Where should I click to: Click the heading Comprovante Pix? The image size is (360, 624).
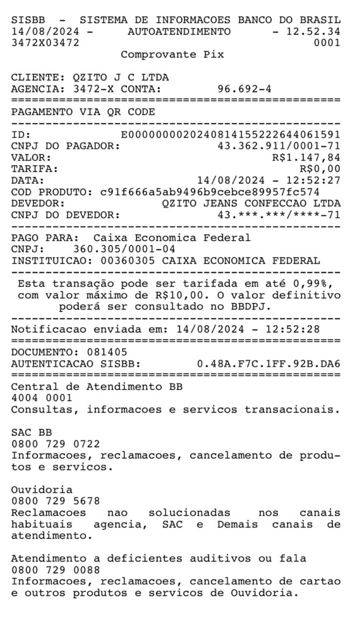[172, 55]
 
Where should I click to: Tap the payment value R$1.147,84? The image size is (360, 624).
[306, 157]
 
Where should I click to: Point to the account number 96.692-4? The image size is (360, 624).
[244, 89]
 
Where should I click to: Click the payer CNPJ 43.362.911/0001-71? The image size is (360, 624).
[279, 146]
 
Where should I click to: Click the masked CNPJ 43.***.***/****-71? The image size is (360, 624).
[279, 214]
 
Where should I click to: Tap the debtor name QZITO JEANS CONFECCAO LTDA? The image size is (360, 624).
[251, 203]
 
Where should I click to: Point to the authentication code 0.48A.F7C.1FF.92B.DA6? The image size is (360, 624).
[268, 364]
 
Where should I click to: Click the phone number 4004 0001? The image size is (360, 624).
[42, 398]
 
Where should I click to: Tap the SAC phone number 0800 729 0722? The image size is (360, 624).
[56, 444]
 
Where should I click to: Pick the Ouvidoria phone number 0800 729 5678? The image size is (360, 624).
[56, 501]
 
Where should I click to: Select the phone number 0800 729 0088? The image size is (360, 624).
[56, 570]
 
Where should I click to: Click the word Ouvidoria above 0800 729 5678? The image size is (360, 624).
[42, 489]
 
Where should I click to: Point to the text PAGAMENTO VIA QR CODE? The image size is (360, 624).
[83, 112]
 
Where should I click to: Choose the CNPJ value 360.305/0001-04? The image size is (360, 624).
[124, 250]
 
